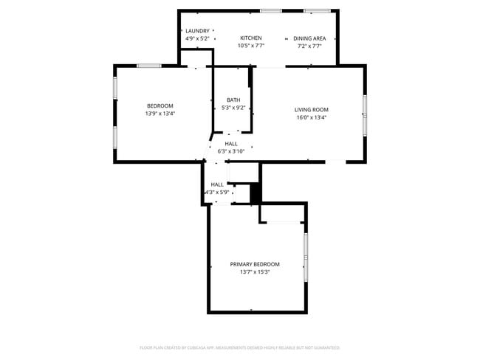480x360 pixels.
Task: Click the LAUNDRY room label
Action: point(197,31)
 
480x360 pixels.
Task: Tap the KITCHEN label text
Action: point(251,38)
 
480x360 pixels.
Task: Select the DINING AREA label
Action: point(309,38)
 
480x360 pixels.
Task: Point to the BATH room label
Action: point(233,100)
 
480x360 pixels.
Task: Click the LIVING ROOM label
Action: point(311,110)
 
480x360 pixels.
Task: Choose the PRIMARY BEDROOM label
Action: point(255,264)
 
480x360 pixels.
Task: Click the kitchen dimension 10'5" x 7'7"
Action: point(251,46)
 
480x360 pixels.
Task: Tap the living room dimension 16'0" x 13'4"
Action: point(311,117)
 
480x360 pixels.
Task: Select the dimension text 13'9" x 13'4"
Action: point(160,114)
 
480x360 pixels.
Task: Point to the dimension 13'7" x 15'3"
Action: point(255,272)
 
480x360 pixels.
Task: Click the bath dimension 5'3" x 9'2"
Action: point(233,108)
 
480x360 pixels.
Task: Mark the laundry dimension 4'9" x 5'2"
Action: point(197,38)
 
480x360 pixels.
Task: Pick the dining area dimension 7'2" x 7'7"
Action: point(309,46)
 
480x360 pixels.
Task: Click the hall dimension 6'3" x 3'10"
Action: point(231,151)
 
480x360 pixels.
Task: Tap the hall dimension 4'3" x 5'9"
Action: point(217,193)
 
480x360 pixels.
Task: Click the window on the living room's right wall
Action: point(364,115)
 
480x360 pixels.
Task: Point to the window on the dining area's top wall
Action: point(318,11)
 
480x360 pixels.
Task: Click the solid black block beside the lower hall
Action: point(256,193)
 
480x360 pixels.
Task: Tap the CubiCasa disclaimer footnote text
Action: point(240,347)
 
